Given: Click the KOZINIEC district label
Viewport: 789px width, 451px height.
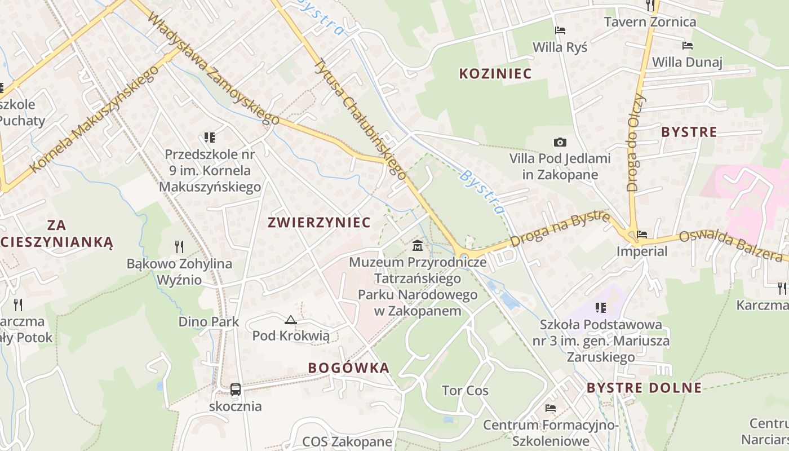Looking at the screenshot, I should click(495, 73).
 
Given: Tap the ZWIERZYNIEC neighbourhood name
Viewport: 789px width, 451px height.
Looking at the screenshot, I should click(319, 222).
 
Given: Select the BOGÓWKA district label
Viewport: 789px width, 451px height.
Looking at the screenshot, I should click(349, 368).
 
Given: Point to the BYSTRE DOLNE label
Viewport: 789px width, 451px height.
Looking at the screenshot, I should click(644, 388).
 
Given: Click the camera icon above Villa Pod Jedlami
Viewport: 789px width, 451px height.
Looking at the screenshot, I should click(560, 142).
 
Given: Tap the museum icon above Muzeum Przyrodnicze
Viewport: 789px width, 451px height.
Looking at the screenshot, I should click(418, 245).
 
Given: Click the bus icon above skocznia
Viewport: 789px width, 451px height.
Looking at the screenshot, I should click(235, 389).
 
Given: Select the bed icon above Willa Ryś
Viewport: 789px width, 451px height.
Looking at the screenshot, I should click(560, 30).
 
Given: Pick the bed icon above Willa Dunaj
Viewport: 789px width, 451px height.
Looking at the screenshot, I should click(687, 46).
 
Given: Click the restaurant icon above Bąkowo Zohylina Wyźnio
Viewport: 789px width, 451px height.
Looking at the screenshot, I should click(179, 246).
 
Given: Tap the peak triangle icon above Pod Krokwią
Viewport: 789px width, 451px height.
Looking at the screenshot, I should click(290, 320).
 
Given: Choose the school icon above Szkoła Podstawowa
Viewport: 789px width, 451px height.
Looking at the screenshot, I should click(601, 308).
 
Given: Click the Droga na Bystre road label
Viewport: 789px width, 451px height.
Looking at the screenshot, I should click(560, 229).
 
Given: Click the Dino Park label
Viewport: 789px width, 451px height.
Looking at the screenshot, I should click(209, 322).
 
